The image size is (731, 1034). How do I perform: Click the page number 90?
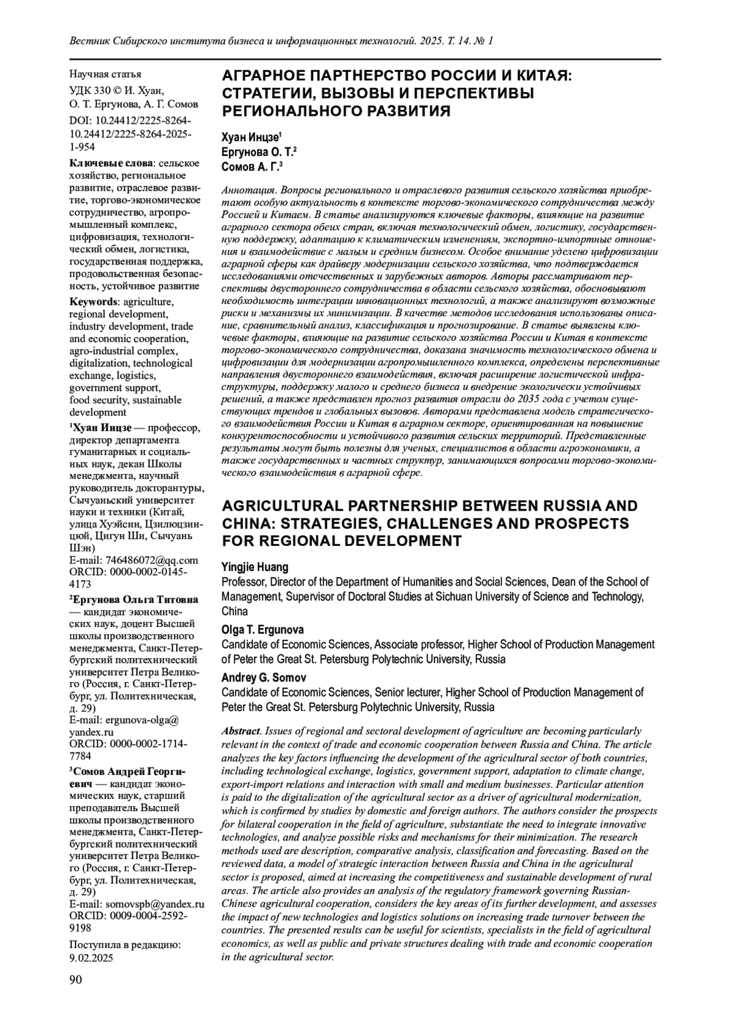point(76,980)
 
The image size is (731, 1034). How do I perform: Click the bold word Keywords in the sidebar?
point(93,302)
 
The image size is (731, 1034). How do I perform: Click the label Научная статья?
point(105,74)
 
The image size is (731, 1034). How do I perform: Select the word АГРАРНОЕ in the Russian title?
point(261,76)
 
